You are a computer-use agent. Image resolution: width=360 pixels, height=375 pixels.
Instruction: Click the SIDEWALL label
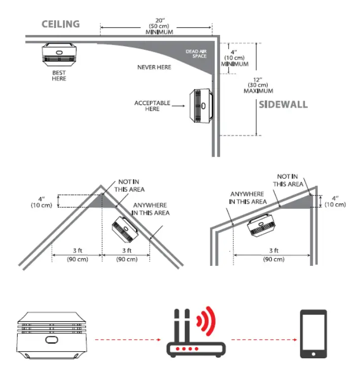(283, 105)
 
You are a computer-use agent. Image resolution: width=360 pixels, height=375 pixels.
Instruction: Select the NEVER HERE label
(154, 67)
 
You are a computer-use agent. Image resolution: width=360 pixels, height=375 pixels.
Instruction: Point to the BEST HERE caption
(59, 76)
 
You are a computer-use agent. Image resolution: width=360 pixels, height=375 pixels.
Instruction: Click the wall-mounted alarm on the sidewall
(201, 107)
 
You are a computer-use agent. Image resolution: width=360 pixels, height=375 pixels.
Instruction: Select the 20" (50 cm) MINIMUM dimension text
(156, 26)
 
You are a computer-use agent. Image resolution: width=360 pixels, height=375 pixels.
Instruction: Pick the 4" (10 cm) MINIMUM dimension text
(234, 58)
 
